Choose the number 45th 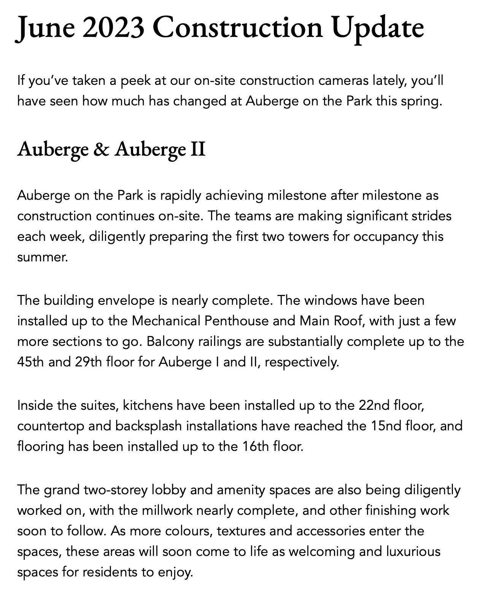point(31,362)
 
